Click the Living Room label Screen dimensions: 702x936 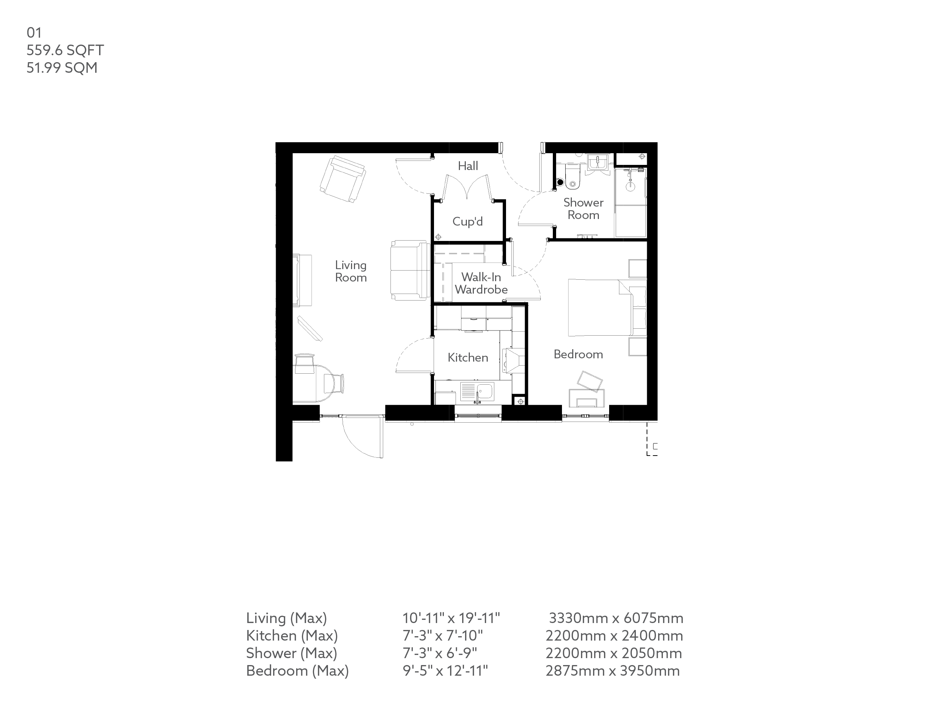pyautogui.click(x=350, y=271)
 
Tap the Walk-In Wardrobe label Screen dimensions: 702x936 pyautogui.click(x=481, y=283)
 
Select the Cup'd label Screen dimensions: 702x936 pyautogui.click(x=467, y=221)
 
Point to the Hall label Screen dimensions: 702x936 pyautogui.click(x=468, y=166)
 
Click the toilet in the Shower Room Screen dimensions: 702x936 pyautogui.click(x=572, y=178)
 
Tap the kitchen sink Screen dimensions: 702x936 pyautogui.click(x=477, y=392)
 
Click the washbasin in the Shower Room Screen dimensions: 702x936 pyautogui.click(x=597, y=162)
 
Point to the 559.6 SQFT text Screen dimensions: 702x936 pyautogui.click(x=65, y=50)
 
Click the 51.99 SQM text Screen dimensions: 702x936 pyautogui.click(x=62, y=68)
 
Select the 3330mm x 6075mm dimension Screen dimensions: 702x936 pyautogui.click(x=616, y=618)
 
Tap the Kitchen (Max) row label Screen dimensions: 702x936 pyautogui.click(x=292, y=635)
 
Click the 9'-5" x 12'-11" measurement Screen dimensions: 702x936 pyautogui.click(x=445, y=671)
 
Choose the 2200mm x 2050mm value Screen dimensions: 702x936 pyautogui.click(x=614, y=653)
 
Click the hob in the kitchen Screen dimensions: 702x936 pyautogui.click(x=513, y=361)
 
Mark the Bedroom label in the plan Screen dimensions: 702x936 pyautogui.click(x=578, y=354)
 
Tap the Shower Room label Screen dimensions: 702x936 pyautogui.click(x=583, y=209)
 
